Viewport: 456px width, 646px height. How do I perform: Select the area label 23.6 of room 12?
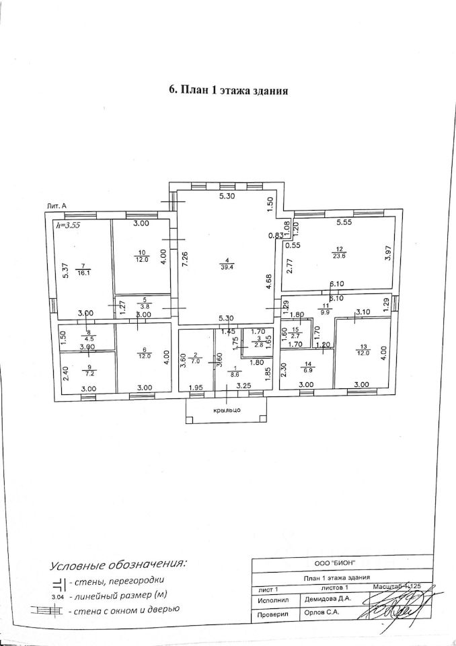point(340,256)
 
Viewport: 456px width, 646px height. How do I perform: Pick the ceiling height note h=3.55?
point(69,225)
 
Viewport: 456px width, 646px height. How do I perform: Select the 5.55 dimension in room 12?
point(344,221)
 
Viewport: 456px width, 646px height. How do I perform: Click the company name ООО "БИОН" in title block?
point(335,563)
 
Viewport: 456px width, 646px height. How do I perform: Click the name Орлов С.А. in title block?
point(325,614)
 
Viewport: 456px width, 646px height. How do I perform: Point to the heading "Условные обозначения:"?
point(120,563)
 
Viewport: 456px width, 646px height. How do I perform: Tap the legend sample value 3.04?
point(58,596)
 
